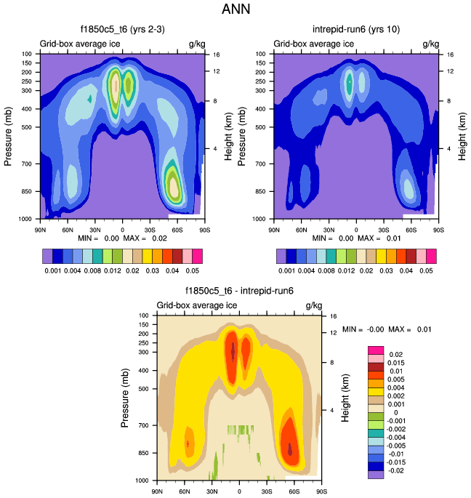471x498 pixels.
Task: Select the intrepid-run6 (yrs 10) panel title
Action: click(x=355, y=30)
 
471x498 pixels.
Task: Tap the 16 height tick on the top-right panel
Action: click(x=450, y=55)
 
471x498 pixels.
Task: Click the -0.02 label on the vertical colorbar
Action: click(x=393, y=471)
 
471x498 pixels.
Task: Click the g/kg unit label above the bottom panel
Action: click(x=313, y=305)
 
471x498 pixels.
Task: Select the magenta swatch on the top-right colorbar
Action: click(x=432, y=256)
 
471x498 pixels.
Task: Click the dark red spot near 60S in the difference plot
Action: click(x=291, y=449)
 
